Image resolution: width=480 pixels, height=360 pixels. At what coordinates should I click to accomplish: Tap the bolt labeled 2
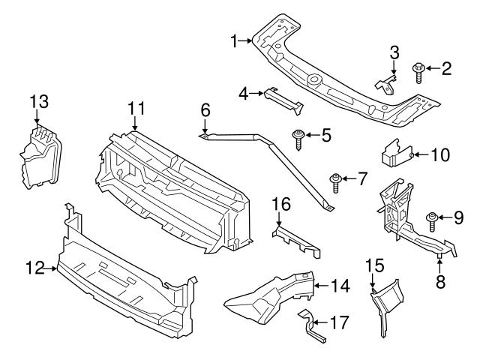(418, 73)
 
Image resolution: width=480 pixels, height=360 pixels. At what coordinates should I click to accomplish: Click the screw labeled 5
(298, 137)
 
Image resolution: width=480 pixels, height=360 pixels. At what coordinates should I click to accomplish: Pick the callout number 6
(205, 111)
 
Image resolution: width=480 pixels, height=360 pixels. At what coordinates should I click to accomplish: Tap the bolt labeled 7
(336, 180)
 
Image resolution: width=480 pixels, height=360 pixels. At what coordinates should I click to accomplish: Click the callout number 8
(440, 281)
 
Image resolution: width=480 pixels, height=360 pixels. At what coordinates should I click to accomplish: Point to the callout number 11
(135, 110)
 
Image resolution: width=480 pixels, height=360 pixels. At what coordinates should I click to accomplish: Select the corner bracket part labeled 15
(385, 304)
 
